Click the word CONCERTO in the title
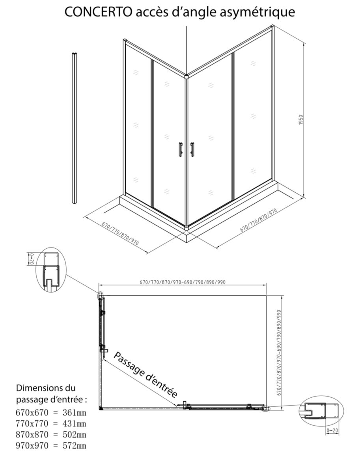pyautogui.click(x=98, y=12)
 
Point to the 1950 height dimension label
pyautogui.click(x=301, y=120)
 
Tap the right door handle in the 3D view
pyautogui.click(x=192, y=149)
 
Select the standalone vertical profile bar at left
pyautogui.click(x=75, y=128)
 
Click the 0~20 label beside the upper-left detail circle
pyautogui.click(x=32, y=259)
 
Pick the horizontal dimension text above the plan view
pyautogui.click(x=183, y=282)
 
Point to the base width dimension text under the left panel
pyautogui.click(x=120, y=234)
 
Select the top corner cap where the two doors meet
pyautogui.click(x=186, y=76)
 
